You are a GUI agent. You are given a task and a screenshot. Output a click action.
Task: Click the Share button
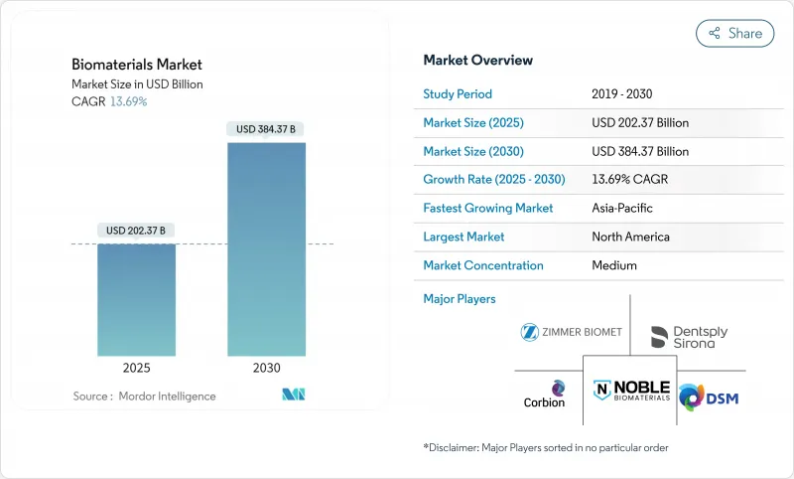(x=734, y=33)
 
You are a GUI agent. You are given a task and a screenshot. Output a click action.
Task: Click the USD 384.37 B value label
(x=266, y=129)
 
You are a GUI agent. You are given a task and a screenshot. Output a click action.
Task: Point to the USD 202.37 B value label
(x=137, y=231)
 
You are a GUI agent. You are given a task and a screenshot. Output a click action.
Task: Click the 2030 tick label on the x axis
(x=266, y=368)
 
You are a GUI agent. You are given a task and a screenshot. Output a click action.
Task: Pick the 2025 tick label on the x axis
(x=136, y=368)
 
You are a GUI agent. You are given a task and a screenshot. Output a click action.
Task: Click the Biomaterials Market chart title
(x=137, y=65)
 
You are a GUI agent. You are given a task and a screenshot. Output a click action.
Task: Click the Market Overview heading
(x=477, y=60)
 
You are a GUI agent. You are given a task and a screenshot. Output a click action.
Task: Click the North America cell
(x=630, y=237)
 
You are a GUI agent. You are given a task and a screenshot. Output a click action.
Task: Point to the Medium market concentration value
(x=614, y=265)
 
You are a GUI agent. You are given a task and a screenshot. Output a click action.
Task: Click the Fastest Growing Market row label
(x=488, y=209)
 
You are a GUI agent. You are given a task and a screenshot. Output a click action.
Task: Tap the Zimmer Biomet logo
(x=571, y=332)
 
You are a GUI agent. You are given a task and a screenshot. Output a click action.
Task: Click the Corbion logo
(x=544, y=394)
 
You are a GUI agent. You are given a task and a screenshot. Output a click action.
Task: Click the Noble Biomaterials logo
(x=630, y=392)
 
